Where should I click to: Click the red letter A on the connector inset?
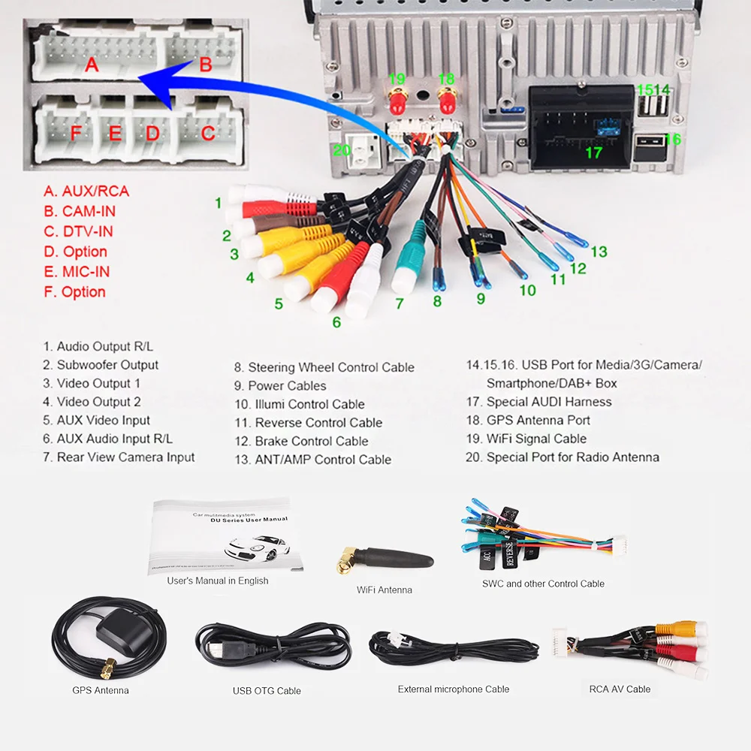[x=92, y=65]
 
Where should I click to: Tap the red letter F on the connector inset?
[x=75, y=134]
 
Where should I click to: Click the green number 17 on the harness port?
[x=593, y=152]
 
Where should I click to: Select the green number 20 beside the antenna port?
[x=342, y=150]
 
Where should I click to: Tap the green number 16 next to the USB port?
[x=672, y=139]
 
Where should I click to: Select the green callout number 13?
[x=599, y=252]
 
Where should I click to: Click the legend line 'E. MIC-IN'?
[x=76, y=272]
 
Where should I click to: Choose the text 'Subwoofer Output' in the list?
[x=107, y=365]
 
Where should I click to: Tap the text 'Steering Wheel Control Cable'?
[x=330, y=367]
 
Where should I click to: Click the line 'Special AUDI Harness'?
[x=548, y=402]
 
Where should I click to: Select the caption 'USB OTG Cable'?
[x=267, y=690]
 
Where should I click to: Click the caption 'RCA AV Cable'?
[x=620, y=689]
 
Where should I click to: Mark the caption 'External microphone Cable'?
[x=453, y=689]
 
